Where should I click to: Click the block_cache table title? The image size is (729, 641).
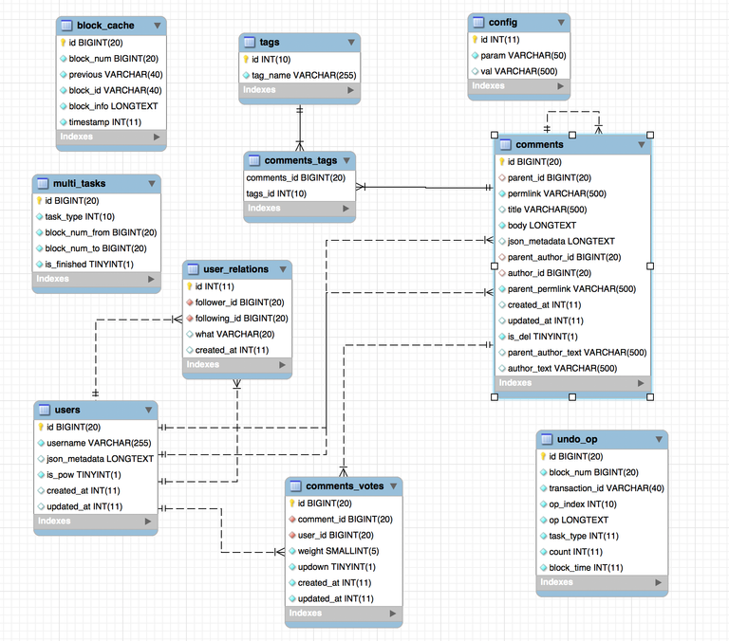click(105, 26)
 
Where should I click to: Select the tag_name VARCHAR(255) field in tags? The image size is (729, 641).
click(304, 75)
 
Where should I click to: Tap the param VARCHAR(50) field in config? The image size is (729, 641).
click(524, 55)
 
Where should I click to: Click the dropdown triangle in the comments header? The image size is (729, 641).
click(642, 145)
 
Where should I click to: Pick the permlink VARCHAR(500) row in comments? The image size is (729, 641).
click(557, 193)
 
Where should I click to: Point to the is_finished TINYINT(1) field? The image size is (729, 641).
click(89, 265)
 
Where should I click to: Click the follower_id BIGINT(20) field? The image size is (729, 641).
click(240, 302)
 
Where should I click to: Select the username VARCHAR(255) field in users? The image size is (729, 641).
click(99, 443)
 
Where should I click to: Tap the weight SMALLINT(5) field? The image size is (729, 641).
click(339, 551)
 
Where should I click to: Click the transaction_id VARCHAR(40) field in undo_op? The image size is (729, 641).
click(607, 488)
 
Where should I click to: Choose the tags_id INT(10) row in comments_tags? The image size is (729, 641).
click(276, 193)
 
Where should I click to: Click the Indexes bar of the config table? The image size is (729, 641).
click(519, 86)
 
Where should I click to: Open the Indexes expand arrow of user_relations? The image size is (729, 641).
click(282, 365)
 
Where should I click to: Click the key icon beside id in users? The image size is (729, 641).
click(41, 427)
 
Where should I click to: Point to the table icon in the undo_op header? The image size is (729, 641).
click(547, 439)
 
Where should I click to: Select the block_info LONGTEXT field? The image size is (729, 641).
click(114, 106)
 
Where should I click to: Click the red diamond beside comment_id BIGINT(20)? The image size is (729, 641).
click(292, 520)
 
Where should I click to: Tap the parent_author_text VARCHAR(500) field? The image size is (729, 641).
click(577, 353)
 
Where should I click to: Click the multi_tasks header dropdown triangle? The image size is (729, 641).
click(152, 184)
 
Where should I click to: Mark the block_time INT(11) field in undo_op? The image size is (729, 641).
click(586, 568)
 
